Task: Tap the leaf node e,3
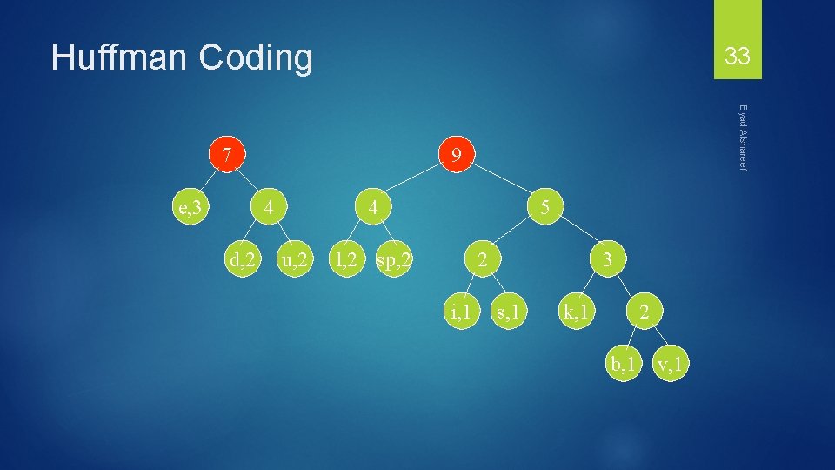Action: click(x=190, y=208)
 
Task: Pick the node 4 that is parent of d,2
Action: click(x=271, y=208)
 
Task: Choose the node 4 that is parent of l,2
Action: click(x=372, y=208)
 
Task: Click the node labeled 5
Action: click(x=544, y=208)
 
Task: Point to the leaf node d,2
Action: click(x=241, y=258)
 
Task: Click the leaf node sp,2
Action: click(x=393, y=258)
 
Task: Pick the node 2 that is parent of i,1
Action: click(x=482, y=258)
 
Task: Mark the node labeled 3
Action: click(x=609, y=258)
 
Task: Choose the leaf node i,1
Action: click(x=459, y=310)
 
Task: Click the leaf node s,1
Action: click(x=506, y=310)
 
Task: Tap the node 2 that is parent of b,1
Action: click(x=643, y=310)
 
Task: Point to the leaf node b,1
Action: click(x=623, y=362)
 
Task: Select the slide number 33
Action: click(x=737, y=57)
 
